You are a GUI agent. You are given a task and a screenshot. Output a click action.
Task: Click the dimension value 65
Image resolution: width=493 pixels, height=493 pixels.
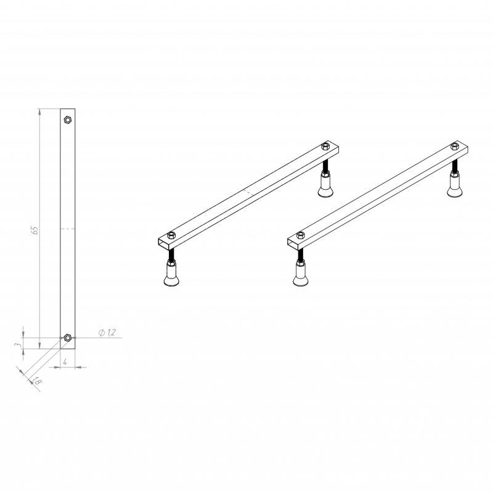35,230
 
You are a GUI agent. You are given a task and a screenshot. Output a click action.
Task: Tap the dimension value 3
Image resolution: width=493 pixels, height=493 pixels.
18,345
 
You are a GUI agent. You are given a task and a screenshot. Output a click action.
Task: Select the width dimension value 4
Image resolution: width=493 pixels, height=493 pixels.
65,362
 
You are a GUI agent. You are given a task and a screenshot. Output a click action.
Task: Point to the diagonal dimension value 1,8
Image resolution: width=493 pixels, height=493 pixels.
36,381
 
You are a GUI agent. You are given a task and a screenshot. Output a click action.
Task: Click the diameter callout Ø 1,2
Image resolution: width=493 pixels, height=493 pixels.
107,332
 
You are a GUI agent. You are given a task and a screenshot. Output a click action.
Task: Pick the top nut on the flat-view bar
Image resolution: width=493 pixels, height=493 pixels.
68,120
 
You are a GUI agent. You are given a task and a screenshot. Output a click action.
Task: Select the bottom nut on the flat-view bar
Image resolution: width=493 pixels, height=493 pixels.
67,338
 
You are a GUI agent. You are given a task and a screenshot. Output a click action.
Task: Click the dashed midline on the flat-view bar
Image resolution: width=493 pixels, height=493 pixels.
68,229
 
